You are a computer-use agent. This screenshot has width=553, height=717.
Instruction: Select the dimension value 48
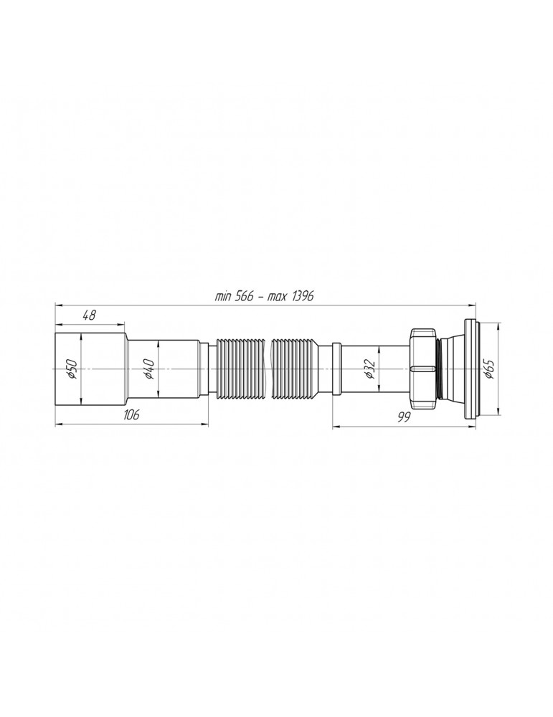point(90,315)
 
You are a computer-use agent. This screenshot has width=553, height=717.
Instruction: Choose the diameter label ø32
point(369,368)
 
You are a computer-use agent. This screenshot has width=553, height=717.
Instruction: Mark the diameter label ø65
point(489,368)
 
